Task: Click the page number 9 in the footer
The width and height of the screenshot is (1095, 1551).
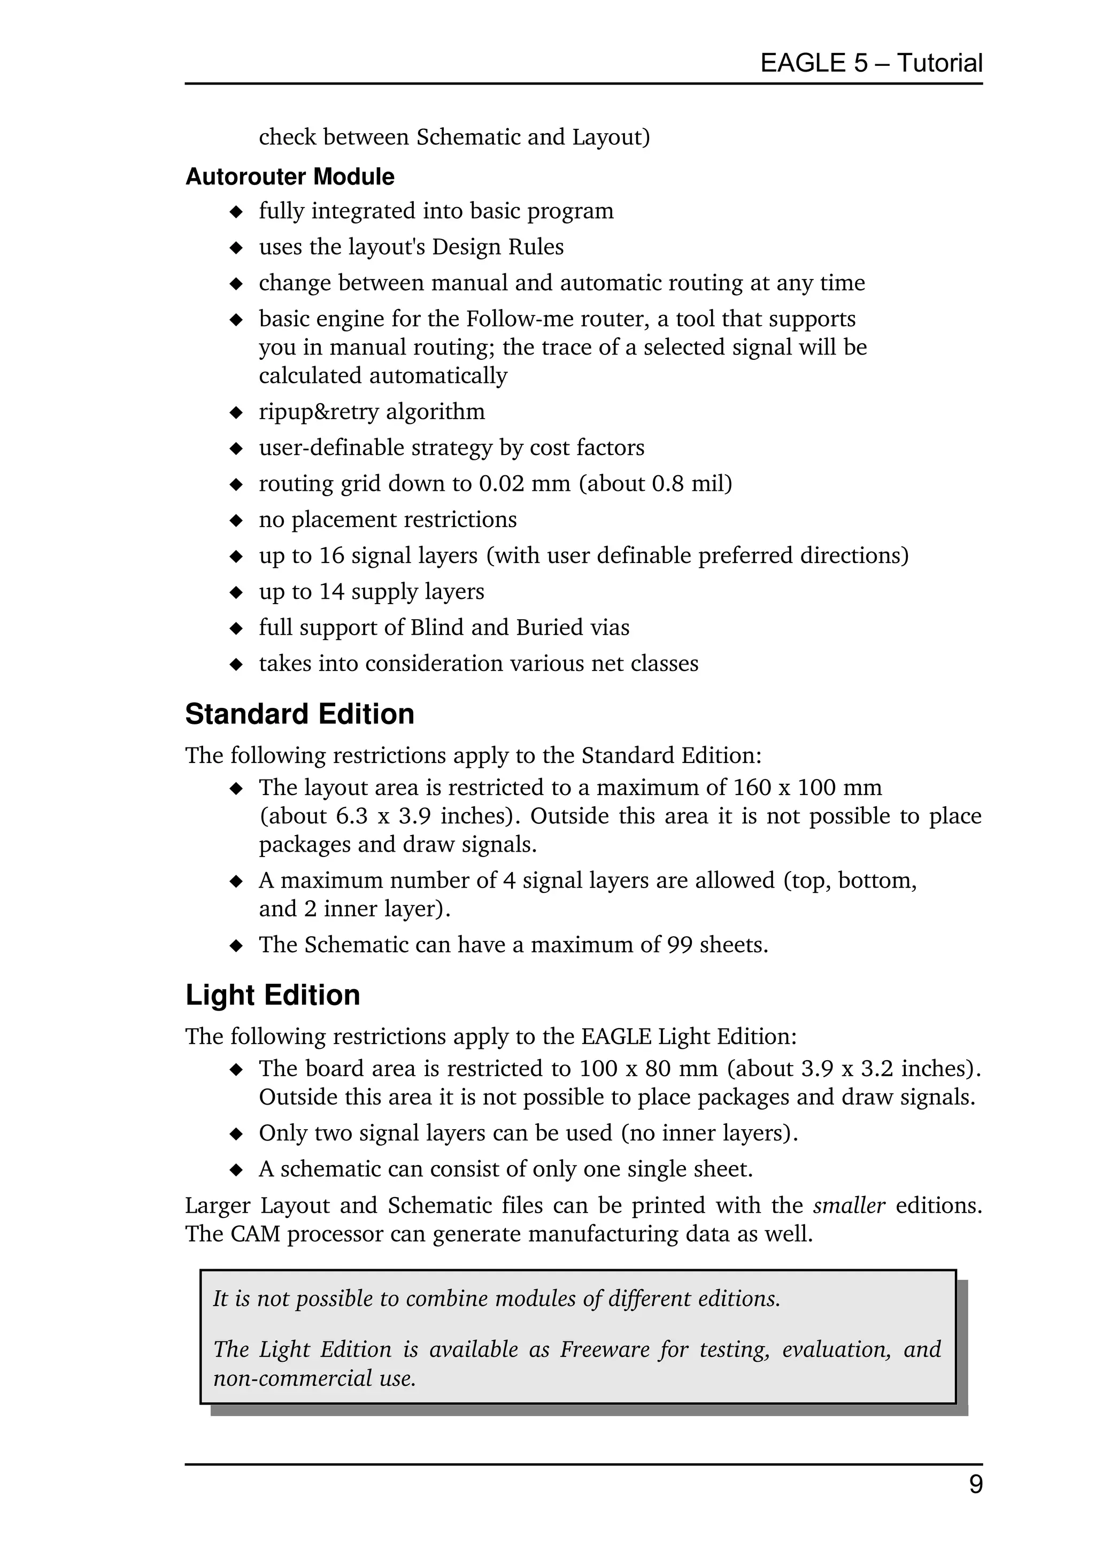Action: coord(975,1484)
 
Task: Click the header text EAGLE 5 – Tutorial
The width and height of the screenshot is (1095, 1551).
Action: coord(871,63)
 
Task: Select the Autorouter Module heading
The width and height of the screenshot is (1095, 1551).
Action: coord(290,176)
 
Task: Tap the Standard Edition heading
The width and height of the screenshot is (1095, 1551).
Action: coord(299,714)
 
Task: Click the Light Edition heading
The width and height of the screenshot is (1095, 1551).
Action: coord(272,995)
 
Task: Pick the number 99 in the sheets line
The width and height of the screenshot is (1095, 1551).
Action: coord(680,944)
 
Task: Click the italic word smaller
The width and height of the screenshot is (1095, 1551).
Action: coord(849,1205)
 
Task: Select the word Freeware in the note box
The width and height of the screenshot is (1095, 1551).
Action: coord(603,1349)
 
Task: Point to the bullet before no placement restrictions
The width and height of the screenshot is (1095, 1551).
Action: coord(236,520)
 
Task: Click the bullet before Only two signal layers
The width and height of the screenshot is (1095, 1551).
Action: coord(236,1133)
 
